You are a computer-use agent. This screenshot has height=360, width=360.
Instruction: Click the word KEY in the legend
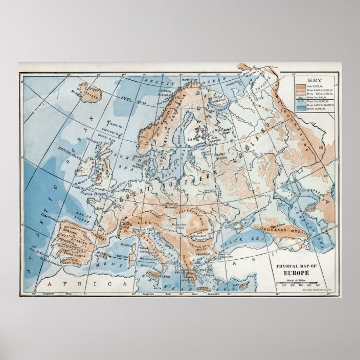pyautogui.click(x=313, y=81)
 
